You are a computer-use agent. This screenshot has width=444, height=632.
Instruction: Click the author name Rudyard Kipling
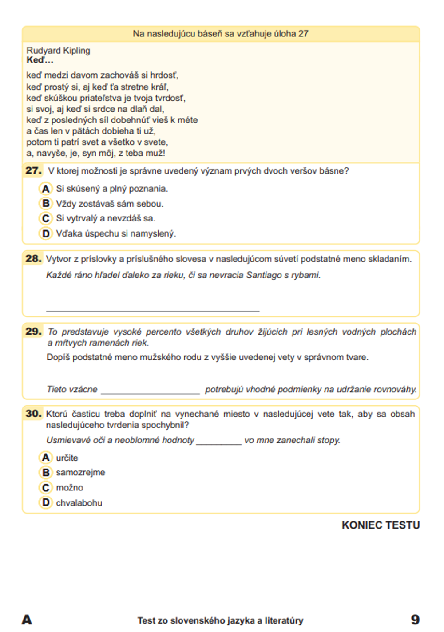click(58, 51)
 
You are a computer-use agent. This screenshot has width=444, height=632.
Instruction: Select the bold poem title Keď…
click(40, 60)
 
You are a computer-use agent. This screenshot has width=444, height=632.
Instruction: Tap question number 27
click(33, 170)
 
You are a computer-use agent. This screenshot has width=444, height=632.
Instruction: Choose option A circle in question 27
click(46, 189)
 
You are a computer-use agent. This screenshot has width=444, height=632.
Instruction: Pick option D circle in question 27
click(46, 233)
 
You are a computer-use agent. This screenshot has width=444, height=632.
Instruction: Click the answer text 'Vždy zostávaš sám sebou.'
click(110, 204)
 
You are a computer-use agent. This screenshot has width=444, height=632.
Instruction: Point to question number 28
click(33, 258)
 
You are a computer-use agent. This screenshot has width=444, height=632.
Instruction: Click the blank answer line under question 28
click(152, 310)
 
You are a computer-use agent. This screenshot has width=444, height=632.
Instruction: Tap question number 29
click(33, 331)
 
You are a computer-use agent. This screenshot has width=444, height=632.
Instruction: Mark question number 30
click(33, 414)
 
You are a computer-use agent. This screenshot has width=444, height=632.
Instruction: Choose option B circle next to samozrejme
click(46, 473)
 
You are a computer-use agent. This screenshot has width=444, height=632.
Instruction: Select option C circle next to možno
click(46, 488)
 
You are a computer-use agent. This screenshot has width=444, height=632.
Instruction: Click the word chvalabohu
click(79, 503)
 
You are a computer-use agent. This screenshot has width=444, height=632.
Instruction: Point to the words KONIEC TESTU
click(381, 525)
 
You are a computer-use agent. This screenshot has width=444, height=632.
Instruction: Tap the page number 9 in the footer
click(415, 620)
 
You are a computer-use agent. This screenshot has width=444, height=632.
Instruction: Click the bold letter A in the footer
click(27, 620)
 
